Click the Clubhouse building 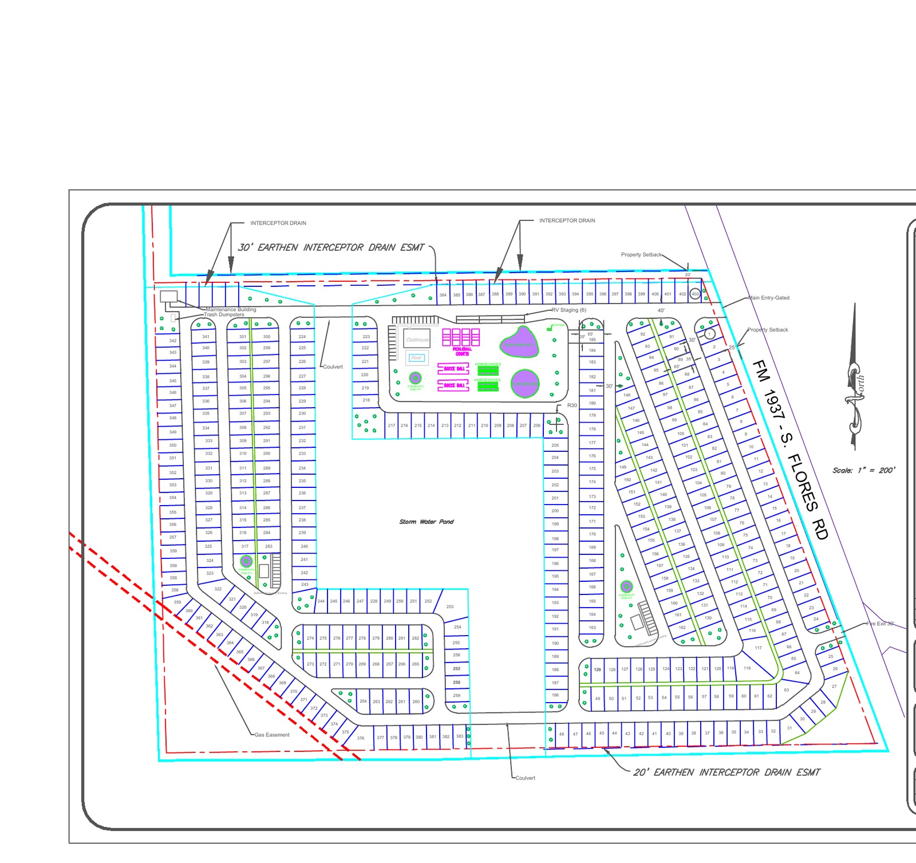click(417, 339)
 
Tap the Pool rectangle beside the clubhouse click(416, 358)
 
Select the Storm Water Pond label click(426, 522)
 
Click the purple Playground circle click(525, 383)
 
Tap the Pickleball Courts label click(462, 351)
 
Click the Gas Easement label click(272, 735)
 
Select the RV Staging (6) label click(569, 310)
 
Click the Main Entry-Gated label click(768, 298)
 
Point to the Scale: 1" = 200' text click(863, 470)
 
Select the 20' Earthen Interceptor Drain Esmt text click(727, 773)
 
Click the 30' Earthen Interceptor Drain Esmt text click(331, 247)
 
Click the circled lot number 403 click(695, 294)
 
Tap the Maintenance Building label click(231, 309)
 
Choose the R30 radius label click(572, 405)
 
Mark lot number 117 click(758, 648)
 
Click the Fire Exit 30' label click(880, 624)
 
